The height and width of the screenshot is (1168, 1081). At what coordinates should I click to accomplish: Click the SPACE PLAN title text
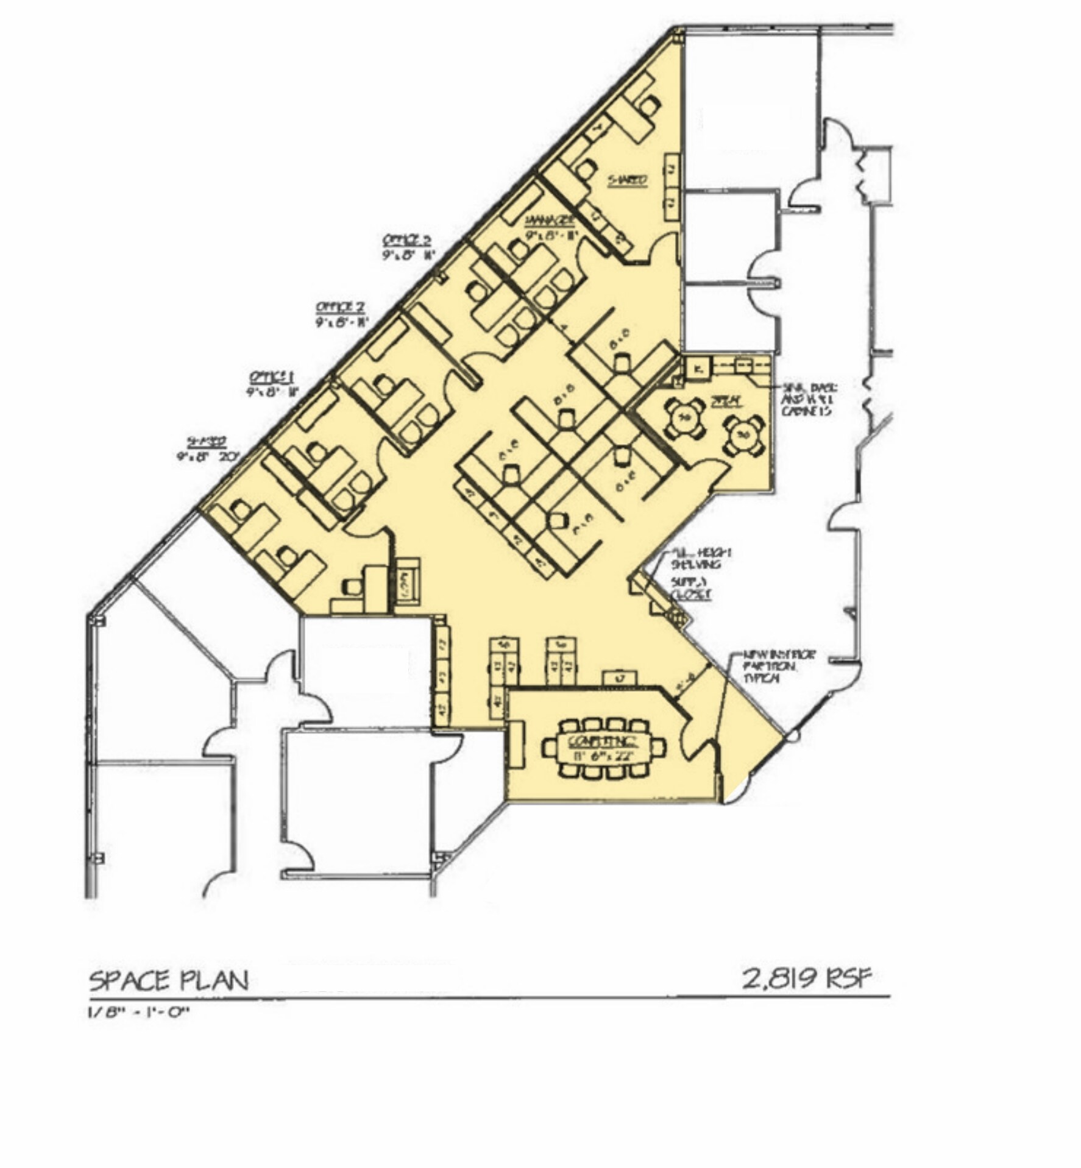(169, 982)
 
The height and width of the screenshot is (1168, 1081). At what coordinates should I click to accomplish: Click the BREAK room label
(726, 401)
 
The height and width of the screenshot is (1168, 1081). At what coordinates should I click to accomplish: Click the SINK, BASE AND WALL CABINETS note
(809, 399)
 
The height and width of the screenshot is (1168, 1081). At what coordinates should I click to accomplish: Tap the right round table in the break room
(743, 435)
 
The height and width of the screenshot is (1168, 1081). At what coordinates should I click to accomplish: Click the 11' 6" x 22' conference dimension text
(603, 756)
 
